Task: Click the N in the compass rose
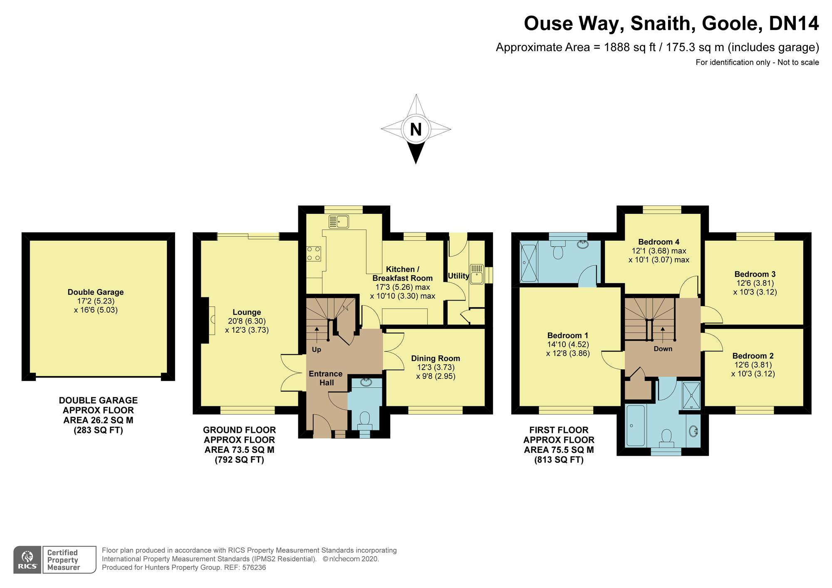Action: pos(416,129)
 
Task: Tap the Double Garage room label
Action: pos(96,292)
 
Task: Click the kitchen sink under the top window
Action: pos(338,222)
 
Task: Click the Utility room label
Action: pos(458,276)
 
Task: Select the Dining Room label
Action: pos(436,358)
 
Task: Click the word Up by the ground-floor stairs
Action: pos(317,350)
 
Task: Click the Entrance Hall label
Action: pos(326,378)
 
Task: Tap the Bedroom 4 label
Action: pos(659,242)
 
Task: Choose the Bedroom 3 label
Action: pos(755,274)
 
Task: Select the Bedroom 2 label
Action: pos(753,356)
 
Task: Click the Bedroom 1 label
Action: pos(568,336)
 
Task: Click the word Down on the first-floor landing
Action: pos(663,349)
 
